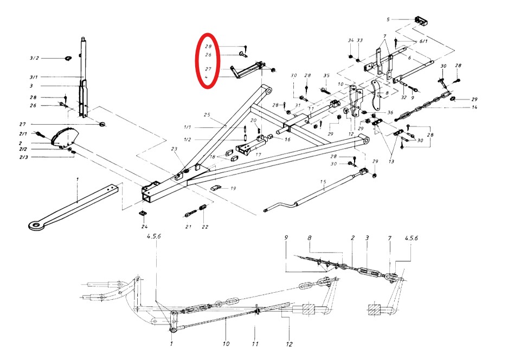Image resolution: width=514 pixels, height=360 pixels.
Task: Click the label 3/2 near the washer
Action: [x=34, y=57]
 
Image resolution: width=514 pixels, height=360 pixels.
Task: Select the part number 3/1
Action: [x=34, y=77]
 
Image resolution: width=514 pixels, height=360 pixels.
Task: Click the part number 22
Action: [x=205, y=227]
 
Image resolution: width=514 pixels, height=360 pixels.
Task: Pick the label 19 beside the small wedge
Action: [x=233, y=188]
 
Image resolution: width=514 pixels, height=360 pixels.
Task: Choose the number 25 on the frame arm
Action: [x=207, y=115]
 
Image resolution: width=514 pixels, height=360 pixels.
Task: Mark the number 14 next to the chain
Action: [x=474, y=108]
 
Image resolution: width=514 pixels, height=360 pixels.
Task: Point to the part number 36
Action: [x=390, y=112]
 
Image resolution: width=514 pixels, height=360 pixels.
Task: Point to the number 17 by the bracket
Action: [x=258, y=155]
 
